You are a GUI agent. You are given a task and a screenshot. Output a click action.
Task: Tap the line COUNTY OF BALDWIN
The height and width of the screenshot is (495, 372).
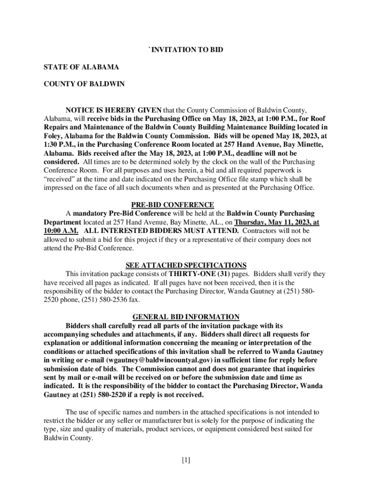[x=84, y=84]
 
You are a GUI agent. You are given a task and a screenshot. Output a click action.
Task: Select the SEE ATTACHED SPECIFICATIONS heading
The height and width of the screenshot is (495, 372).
[x=186, y=265]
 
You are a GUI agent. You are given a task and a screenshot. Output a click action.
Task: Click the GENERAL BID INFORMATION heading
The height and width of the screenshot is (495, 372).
[x=186, y=317]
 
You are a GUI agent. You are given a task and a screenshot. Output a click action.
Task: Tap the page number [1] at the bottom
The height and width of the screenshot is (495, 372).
[x=186, y=460]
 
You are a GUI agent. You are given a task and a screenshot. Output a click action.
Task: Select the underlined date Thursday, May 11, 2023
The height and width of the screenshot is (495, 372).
[x=273, y=222]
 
